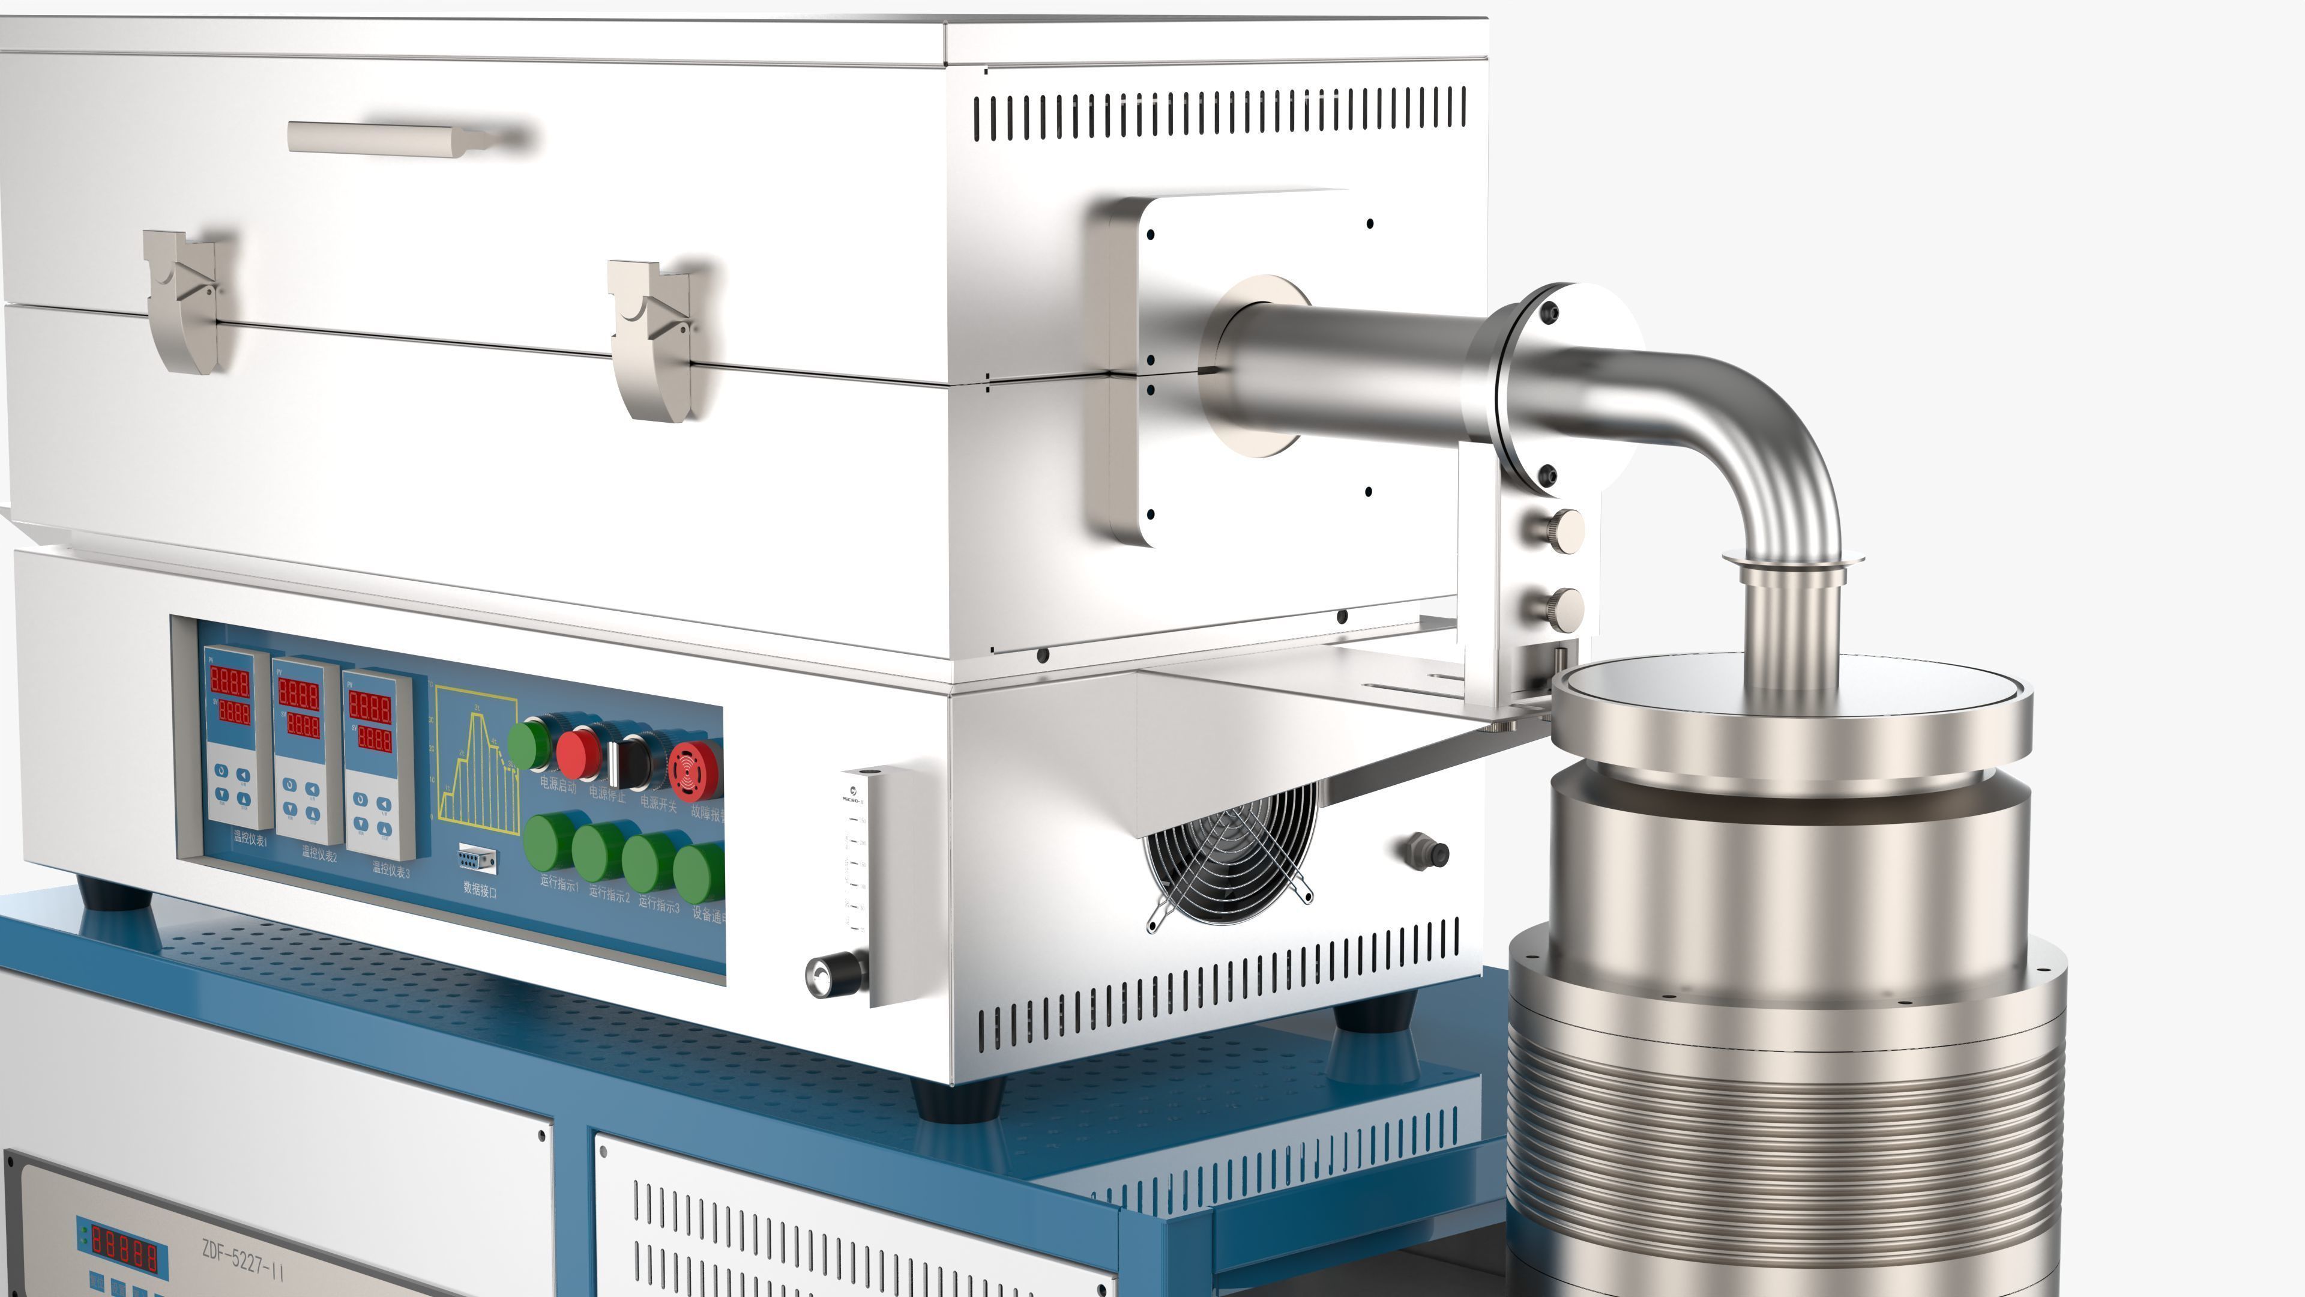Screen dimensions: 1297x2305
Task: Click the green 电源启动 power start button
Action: tap(528, 745)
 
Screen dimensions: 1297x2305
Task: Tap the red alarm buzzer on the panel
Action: tap(693, 769)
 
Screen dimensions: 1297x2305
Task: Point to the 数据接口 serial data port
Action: tap(477, 859)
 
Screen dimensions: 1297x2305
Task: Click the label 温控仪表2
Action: tap(319, 855)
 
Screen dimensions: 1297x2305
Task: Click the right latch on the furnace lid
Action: tap(651, 339)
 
